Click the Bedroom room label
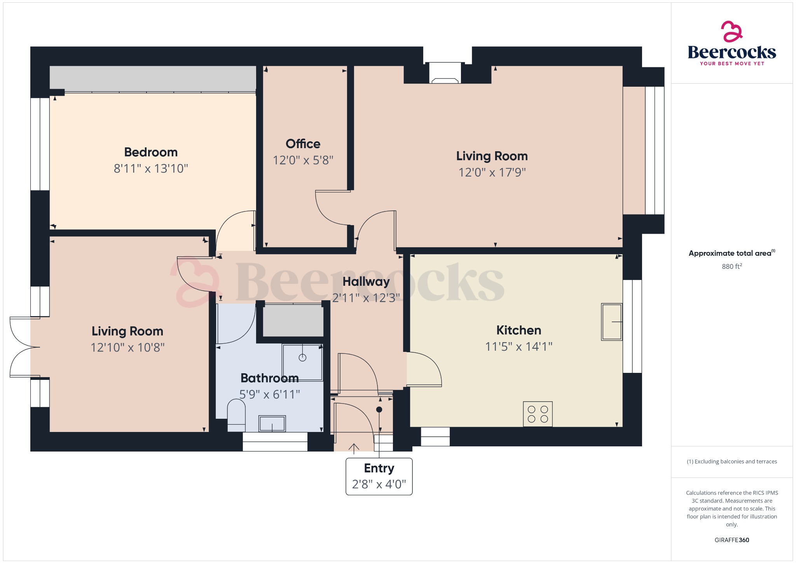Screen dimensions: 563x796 151,152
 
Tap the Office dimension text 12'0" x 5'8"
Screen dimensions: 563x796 303,160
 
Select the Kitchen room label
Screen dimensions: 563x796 518,330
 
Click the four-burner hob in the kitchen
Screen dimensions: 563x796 538,414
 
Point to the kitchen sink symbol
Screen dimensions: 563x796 611,322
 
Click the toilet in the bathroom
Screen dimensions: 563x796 236,415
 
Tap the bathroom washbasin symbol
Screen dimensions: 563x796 272,423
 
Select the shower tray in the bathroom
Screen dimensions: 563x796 302,362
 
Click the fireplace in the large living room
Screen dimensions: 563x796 445,74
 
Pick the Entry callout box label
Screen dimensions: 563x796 379,468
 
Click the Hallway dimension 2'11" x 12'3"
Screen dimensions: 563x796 366,298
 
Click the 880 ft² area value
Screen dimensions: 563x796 731,266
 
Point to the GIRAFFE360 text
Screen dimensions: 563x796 731,540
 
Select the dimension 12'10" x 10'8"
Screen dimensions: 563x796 127,347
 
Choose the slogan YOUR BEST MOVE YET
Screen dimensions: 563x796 731,63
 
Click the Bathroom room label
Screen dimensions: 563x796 269,378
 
